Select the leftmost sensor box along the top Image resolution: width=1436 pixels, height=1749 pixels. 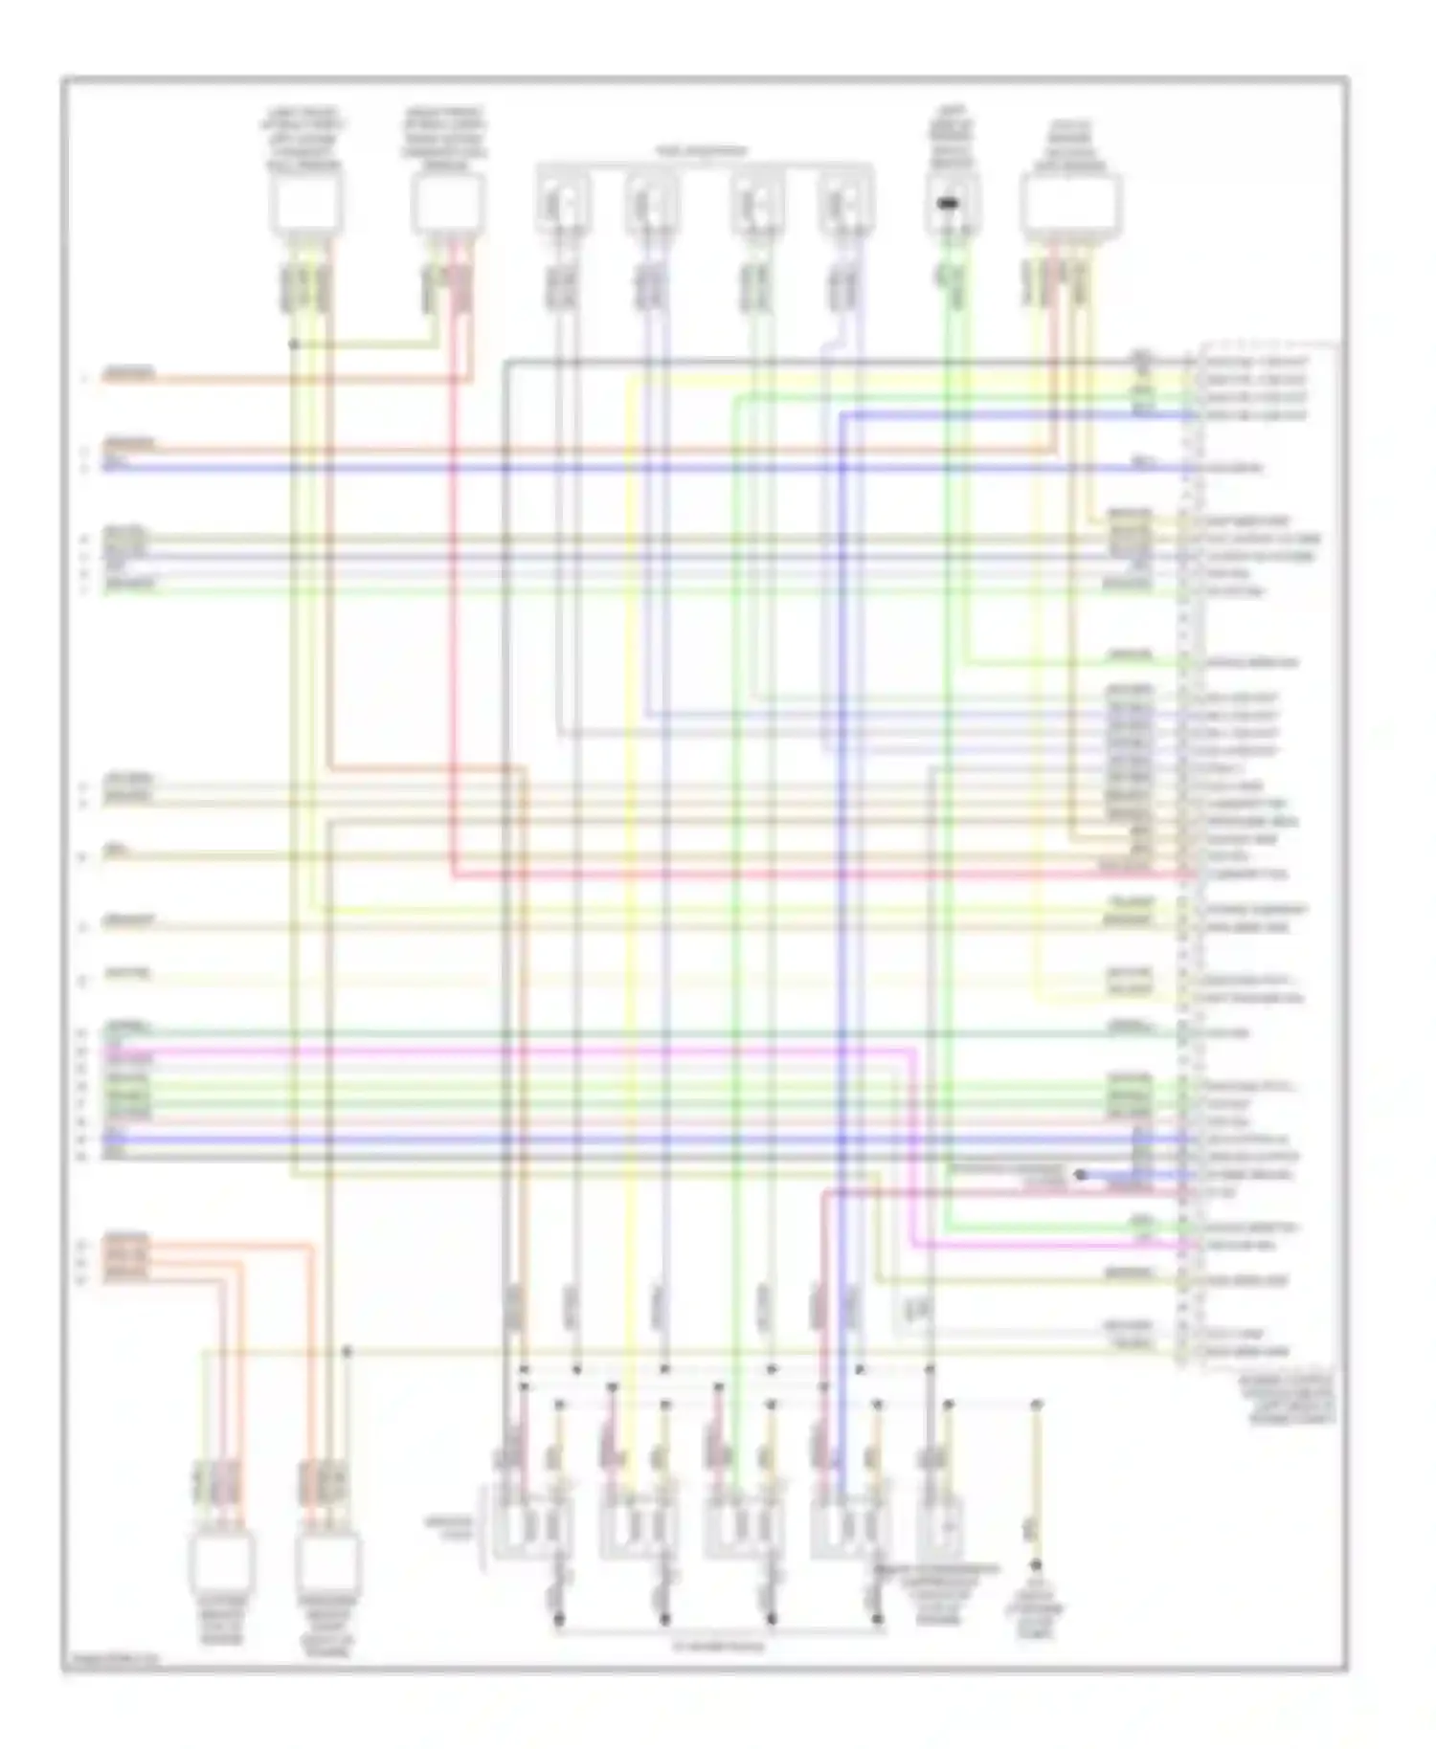305,204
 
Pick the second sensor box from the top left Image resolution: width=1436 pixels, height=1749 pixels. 447,204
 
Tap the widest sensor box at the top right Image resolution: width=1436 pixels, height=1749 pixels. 1070,204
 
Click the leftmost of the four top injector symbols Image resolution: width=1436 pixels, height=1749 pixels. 562,203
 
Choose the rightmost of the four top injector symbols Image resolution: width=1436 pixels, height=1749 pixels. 844,203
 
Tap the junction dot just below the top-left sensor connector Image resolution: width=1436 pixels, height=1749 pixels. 294,343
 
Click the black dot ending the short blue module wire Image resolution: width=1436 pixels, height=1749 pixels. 1080,1174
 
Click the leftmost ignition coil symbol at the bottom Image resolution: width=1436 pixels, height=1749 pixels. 531,1525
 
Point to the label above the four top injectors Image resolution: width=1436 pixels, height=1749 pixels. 702,151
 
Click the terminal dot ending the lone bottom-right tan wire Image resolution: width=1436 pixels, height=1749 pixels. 1035,1565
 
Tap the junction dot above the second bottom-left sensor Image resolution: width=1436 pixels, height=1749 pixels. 348,1351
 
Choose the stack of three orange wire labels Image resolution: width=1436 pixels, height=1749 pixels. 126,1255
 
